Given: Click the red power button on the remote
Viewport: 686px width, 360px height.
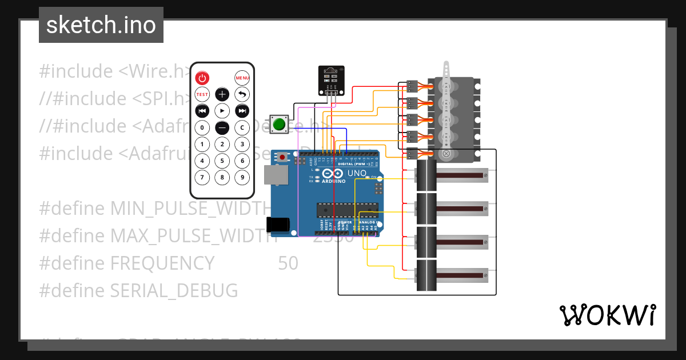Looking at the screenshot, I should click(x=202, y=78).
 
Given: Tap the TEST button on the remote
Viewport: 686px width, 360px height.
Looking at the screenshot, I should click(x=202, y=94).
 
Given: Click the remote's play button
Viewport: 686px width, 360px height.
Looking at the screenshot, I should click(x=222, y=111).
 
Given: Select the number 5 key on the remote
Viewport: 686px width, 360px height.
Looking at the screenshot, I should click(x=222, y=161).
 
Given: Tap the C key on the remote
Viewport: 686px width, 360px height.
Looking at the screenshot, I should click(x=242, y=127).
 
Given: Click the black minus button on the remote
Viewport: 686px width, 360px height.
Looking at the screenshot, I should click(x=222, y=127).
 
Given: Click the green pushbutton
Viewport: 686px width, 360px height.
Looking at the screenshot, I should click(x=280, y=124).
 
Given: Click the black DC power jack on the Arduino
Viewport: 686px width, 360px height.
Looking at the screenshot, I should click(x=278, y=225).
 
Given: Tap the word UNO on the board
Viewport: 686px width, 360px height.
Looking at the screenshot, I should click(x=357, y=173).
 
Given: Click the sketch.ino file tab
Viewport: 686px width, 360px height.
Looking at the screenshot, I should click(x=101, y=25).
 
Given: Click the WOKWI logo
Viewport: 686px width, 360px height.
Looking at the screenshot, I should click(x=607, y=315).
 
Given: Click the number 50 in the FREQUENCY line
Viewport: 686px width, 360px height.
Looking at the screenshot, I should click(x=288, y=263).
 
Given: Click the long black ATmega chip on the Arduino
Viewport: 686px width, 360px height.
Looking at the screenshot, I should click(x=348, y=210).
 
